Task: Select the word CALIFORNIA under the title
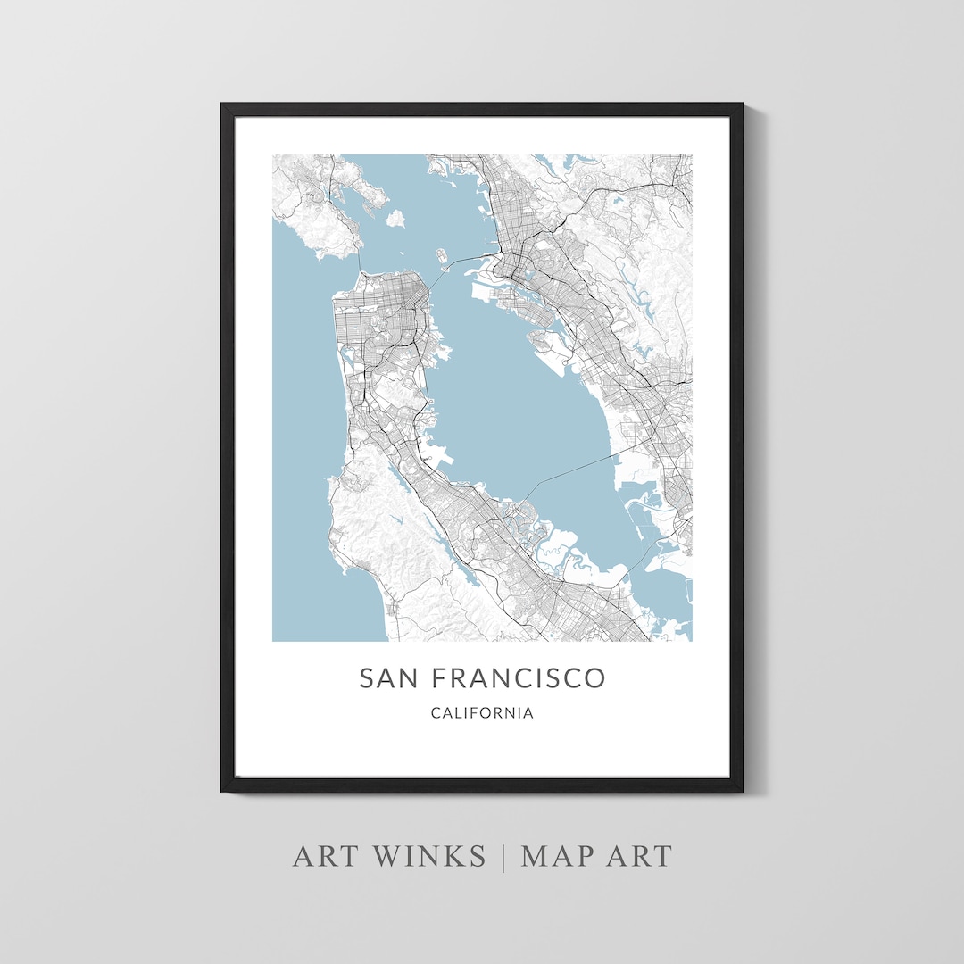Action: click(482, 713)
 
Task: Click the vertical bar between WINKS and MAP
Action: click(503, 856)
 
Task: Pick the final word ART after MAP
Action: click(639, 856)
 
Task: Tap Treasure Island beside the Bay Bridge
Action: click(441, 256)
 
